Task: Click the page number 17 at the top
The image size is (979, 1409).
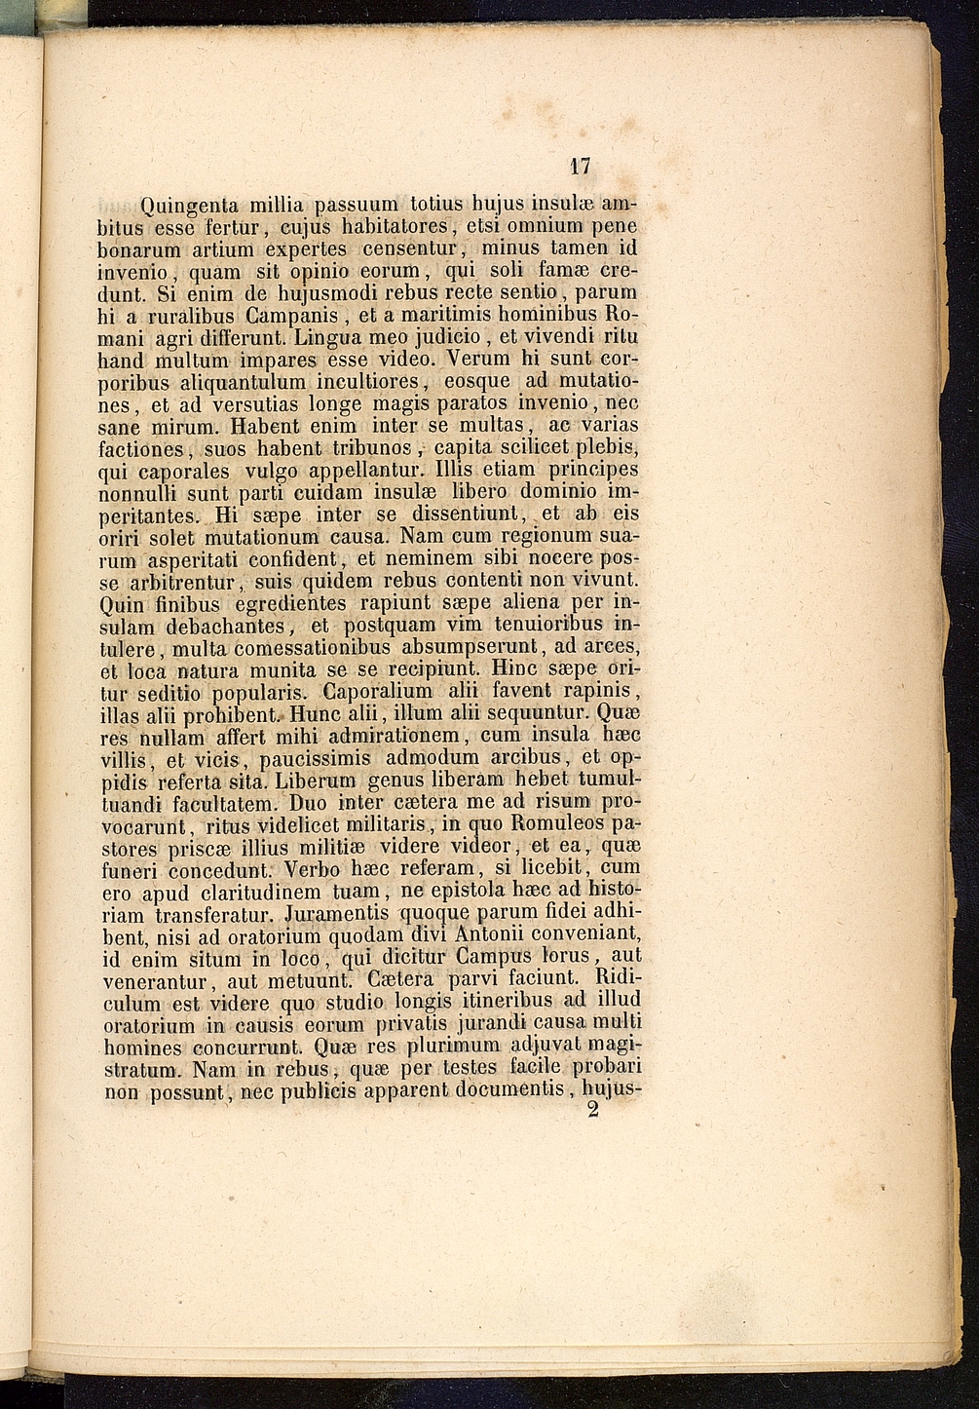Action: (x=581, y=166)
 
